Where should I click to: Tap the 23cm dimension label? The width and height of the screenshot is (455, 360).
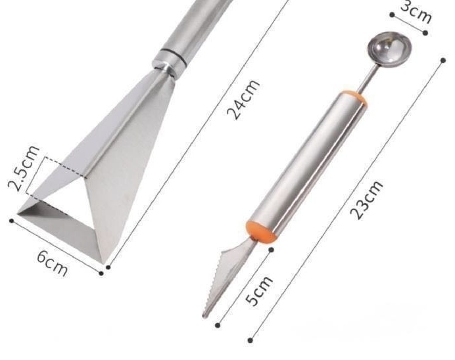(366, 200)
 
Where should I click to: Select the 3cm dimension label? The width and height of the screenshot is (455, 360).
(416, 11)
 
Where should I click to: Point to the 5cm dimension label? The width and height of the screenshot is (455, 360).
(259, 290)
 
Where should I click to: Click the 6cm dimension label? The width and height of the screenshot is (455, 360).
(53, 263)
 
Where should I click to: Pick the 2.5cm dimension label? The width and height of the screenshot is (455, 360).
(23, 169)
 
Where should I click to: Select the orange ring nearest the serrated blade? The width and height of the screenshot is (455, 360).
(261, 232)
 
